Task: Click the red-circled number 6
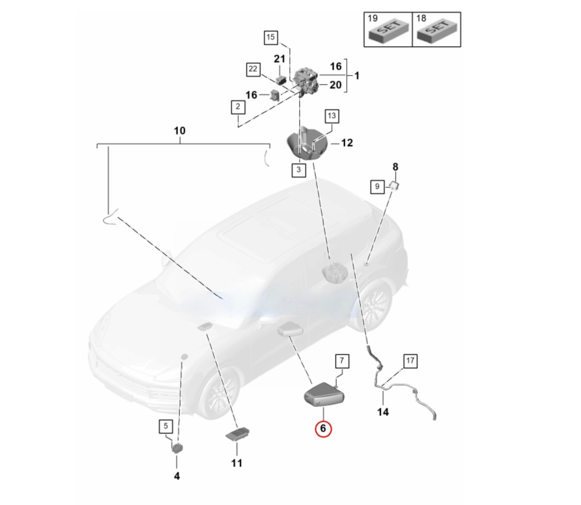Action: coord(323,428)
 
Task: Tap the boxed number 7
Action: coord(342,361)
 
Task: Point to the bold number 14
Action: coord(383,412)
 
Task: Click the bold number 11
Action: coord(237,463)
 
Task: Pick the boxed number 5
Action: coord(166,426)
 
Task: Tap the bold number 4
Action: coord(176,476)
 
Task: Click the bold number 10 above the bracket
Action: coord(180,131)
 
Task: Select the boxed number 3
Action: coord(298,170)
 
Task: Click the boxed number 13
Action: coord(331,116)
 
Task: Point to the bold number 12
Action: coord(347,143)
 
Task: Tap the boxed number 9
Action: coord(377,186)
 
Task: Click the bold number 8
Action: coord(395,167)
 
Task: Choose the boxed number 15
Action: coord(271,37)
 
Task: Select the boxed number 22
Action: coord(253,69)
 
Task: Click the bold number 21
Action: coord(279,59)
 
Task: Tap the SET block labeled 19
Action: coord(389,31)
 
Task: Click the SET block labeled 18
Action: coord(437,31)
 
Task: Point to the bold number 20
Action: coord(335,85)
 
